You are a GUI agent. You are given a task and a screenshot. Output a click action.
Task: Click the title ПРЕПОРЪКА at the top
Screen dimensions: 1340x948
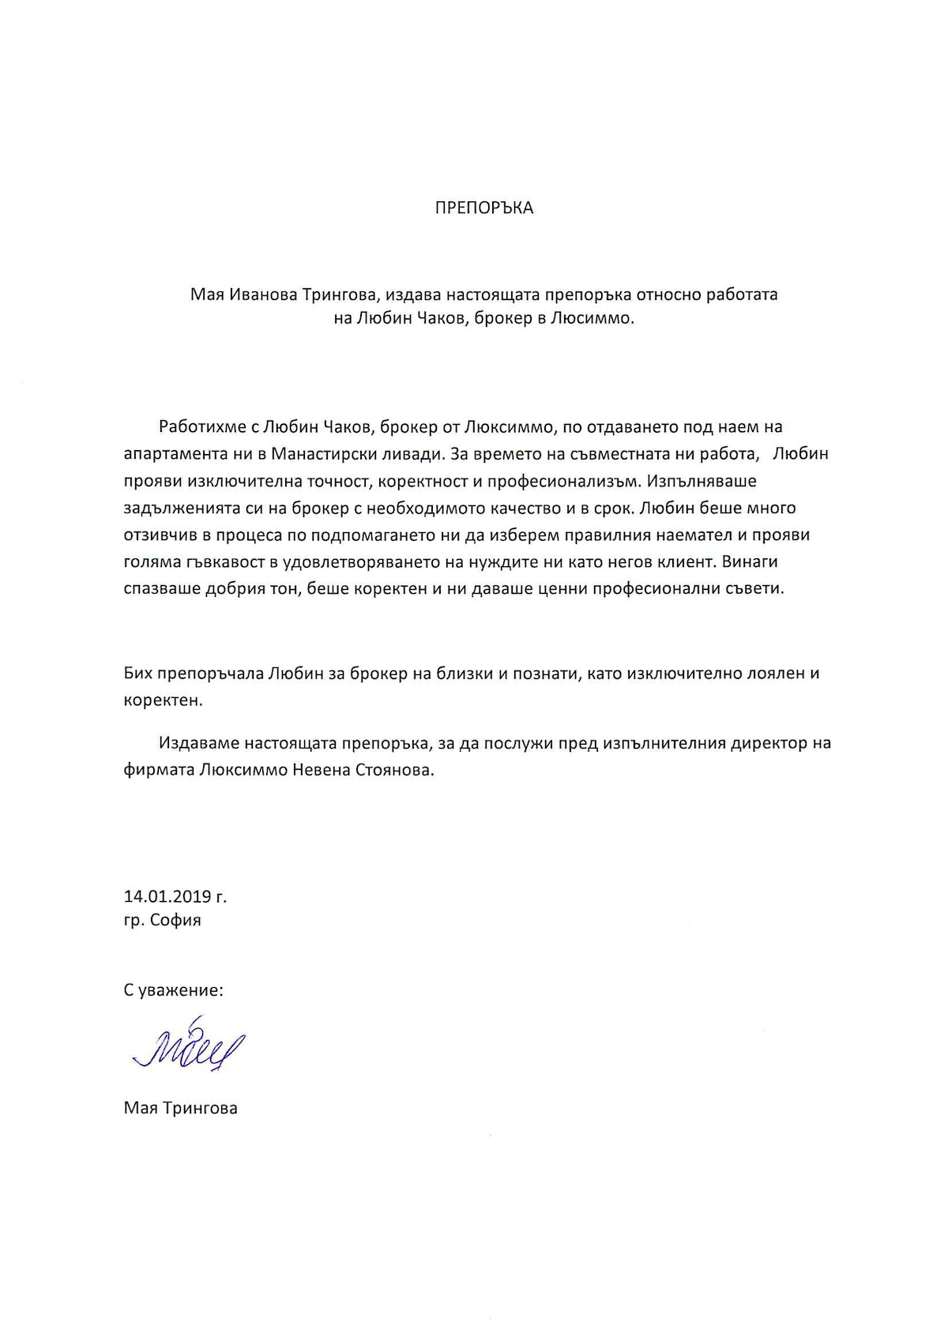coord(484,208)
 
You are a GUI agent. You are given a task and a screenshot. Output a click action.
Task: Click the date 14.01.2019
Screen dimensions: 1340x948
coord(167,896)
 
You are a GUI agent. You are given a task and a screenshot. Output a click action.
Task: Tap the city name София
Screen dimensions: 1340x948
coord(175,920)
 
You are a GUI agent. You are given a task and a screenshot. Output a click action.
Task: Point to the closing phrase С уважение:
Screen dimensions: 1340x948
coord(173,990)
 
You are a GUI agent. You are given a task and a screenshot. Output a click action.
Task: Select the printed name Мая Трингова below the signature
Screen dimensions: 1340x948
coord(180,1108)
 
